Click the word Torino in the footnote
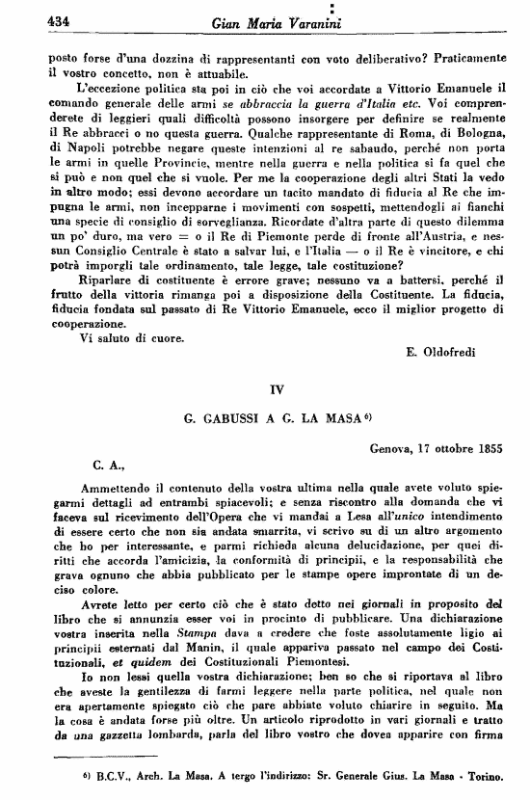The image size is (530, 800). [x=497, y=775]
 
